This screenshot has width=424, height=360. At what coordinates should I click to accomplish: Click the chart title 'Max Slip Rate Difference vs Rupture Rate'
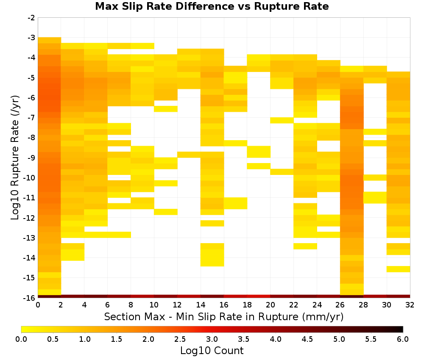pos(212,6)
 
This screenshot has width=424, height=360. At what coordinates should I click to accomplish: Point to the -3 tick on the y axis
pos(31,38)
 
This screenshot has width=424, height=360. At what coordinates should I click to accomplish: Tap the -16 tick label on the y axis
pos(30,298)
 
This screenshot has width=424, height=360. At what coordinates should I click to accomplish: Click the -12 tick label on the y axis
pos(30,218)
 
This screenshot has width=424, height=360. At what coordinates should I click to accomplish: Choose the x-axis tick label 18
pos(247,305)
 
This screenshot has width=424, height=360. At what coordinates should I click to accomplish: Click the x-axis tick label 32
pos(410,305)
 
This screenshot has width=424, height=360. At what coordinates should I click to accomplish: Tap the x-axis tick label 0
pos(38,305)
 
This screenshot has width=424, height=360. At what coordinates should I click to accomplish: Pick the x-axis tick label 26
pos(340,305)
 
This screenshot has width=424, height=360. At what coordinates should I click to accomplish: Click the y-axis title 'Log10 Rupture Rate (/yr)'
pos(15,158)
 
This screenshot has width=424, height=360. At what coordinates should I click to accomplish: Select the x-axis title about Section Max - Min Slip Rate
pos(224,316)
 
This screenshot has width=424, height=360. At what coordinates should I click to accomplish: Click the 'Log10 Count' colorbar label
pos(212,351)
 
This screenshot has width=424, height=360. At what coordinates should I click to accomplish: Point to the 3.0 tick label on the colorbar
pos(212,339)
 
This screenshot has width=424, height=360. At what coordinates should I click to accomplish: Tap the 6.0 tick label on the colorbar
pos(403,339)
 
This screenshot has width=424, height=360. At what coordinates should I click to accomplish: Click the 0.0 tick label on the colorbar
pos(21,339)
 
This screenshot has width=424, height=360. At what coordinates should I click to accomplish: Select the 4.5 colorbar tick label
pos(307,339)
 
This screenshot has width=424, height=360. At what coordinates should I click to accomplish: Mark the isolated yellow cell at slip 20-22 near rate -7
pos(282,120)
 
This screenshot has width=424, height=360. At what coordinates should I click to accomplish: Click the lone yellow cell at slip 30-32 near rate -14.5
pos(398,269)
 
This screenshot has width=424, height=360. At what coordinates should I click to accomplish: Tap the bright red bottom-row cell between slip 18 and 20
pos(259,296)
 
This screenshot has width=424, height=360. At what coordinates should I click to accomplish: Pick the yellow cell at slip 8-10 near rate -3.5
pos(142,46)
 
